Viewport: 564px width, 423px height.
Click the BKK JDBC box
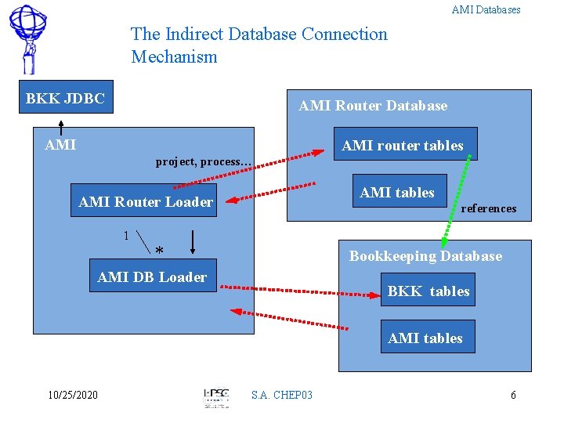65,99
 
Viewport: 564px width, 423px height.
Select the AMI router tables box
403,145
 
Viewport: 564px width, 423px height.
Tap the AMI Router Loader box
146,202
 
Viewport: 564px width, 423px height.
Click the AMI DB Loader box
152,277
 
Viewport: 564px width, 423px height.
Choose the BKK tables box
428,291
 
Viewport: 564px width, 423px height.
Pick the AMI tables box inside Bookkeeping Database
425,338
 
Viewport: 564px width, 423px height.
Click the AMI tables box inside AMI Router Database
396,193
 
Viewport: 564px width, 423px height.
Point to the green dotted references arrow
455,201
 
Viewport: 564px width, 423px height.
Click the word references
489,208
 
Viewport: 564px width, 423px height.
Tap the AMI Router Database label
373,106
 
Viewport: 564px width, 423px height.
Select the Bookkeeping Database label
425,256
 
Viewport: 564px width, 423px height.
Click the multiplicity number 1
126,235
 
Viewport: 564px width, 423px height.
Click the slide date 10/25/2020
72,395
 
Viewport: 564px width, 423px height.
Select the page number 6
513,395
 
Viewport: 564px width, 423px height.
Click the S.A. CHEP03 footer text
281,395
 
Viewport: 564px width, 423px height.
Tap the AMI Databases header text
486,10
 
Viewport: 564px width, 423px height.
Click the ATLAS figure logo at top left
28,37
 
